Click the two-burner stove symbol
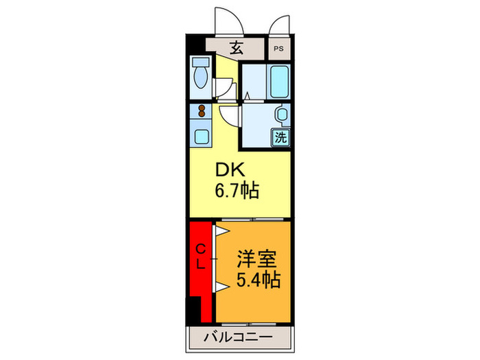pyautogui.click(x=202, y=110)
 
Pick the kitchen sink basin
pyautogui.click(x=202, y=136)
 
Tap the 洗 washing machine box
pyautogui.click(x=280, y=136)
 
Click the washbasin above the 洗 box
pyautogui.click(x=280, y=115)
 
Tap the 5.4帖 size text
pyautogui.click(x=256, y=280)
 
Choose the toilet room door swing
pyautogui.click(x=222, y=88)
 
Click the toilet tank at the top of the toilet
pyautogui.click(x=202, y=62)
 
